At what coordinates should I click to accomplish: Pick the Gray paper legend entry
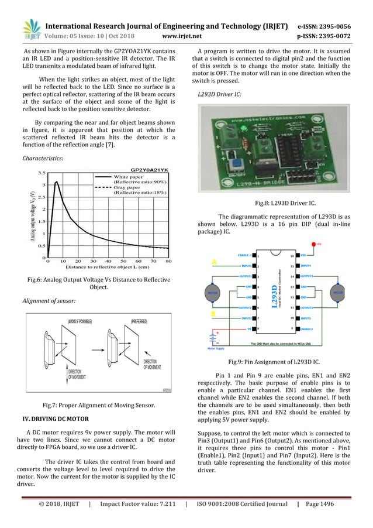129,187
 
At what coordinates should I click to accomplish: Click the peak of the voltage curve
57,181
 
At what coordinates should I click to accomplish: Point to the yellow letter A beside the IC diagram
215,262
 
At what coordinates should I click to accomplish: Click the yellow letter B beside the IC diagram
215,314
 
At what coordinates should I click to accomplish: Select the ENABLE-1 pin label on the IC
245,255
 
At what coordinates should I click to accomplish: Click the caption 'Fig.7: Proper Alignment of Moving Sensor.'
98,404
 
